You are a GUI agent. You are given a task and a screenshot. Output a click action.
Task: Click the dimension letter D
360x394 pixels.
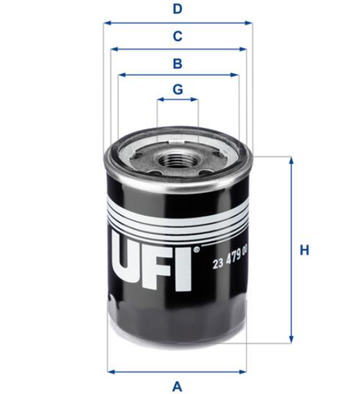pyautogui.click(x=177, y=9)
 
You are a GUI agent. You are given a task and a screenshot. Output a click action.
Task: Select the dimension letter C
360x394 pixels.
pyautogui.click(x=177, y=36)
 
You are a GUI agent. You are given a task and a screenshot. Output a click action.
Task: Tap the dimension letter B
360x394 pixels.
pyautogui.click(x=178, y=63)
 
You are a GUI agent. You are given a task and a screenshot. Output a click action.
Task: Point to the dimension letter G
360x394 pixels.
pyautogui.click(x=178, y=89)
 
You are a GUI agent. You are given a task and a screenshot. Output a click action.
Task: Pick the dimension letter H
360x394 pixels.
pyautogui.click(x=304, y=250)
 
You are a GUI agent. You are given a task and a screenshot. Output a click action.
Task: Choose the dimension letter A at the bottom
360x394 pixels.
pyautogui.click(x=177, y=387)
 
